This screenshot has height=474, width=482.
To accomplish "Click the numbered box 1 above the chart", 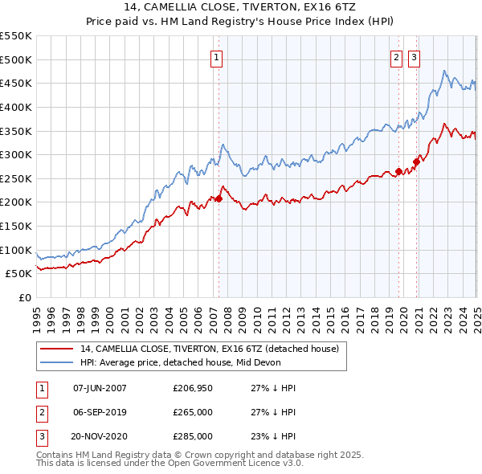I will click(x=218, y=57).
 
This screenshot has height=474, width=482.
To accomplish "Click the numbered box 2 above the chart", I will click(x=397, y=57).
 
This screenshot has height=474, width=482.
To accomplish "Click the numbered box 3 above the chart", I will click(x=415, y=57).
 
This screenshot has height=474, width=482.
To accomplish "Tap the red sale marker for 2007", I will click(x=219, y=198).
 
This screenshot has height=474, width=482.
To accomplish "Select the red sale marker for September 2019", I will click(x=398, y=171).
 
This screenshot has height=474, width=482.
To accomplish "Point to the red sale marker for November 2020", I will click(x=416, y=161).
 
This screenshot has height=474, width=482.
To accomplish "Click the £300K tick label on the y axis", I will click(x=16, y=154).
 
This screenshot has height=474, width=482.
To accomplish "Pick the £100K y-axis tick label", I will click(x=16, y=250).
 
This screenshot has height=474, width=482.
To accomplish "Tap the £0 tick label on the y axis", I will click(x=25, y=297).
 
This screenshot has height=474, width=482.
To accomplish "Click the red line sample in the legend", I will click(x=56, y=349).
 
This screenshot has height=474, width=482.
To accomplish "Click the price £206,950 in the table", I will click(x=193, y=388).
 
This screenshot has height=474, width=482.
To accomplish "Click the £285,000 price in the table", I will click(x=193, y=436).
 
